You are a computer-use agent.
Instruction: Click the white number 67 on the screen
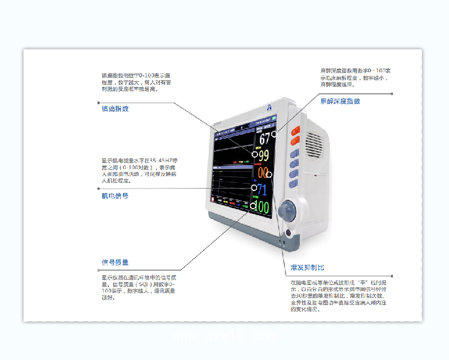[x=264, y=138]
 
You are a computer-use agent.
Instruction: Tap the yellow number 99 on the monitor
[x=263, y=156]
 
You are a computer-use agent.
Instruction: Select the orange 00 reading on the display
[x=263, y=173]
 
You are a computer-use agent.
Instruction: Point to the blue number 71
[x=261, y=190]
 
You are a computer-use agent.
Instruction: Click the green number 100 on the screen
[x=261, y=207]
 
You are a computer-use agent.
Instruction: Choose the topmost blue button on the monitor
[x=295, y=154]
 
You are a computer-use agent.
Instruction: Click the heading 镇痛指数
[x=115, y=108]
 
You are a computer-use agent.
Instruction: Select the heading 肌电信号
[x=115, y=195]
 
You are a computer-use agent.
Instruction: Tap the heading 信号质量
[x=115, y=263]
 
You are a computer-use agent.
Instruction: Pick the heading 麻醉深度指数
[x=340, y=101]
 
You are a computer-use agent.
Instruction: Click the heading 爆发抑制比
[x=307, y=268]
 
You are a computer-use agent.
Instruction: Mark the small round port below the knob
[x=287, y=233]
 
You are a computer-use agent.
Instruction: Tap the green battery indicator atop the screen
[x=275, y=118]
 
